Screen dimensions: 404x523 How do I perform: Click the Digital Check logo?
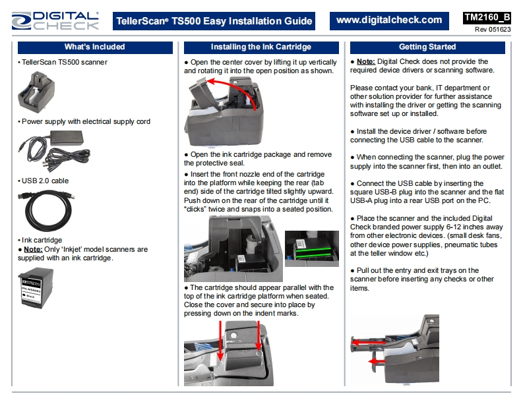56,20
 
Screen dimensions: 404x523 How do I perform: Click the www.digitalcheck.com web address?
389,20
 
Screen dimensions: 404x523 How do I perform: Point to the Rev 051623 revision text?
493,30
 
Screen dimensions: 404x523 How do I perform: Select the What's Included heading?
94,47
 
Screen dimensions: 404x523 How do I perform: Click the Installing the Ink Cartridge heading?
261,47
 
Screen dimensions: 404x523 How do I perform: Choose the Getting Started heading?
427,47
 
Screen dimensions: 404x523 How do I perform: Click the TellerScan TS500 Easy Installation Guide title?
214,21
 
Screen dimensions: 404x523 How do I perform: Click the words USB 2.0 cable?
45,181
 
